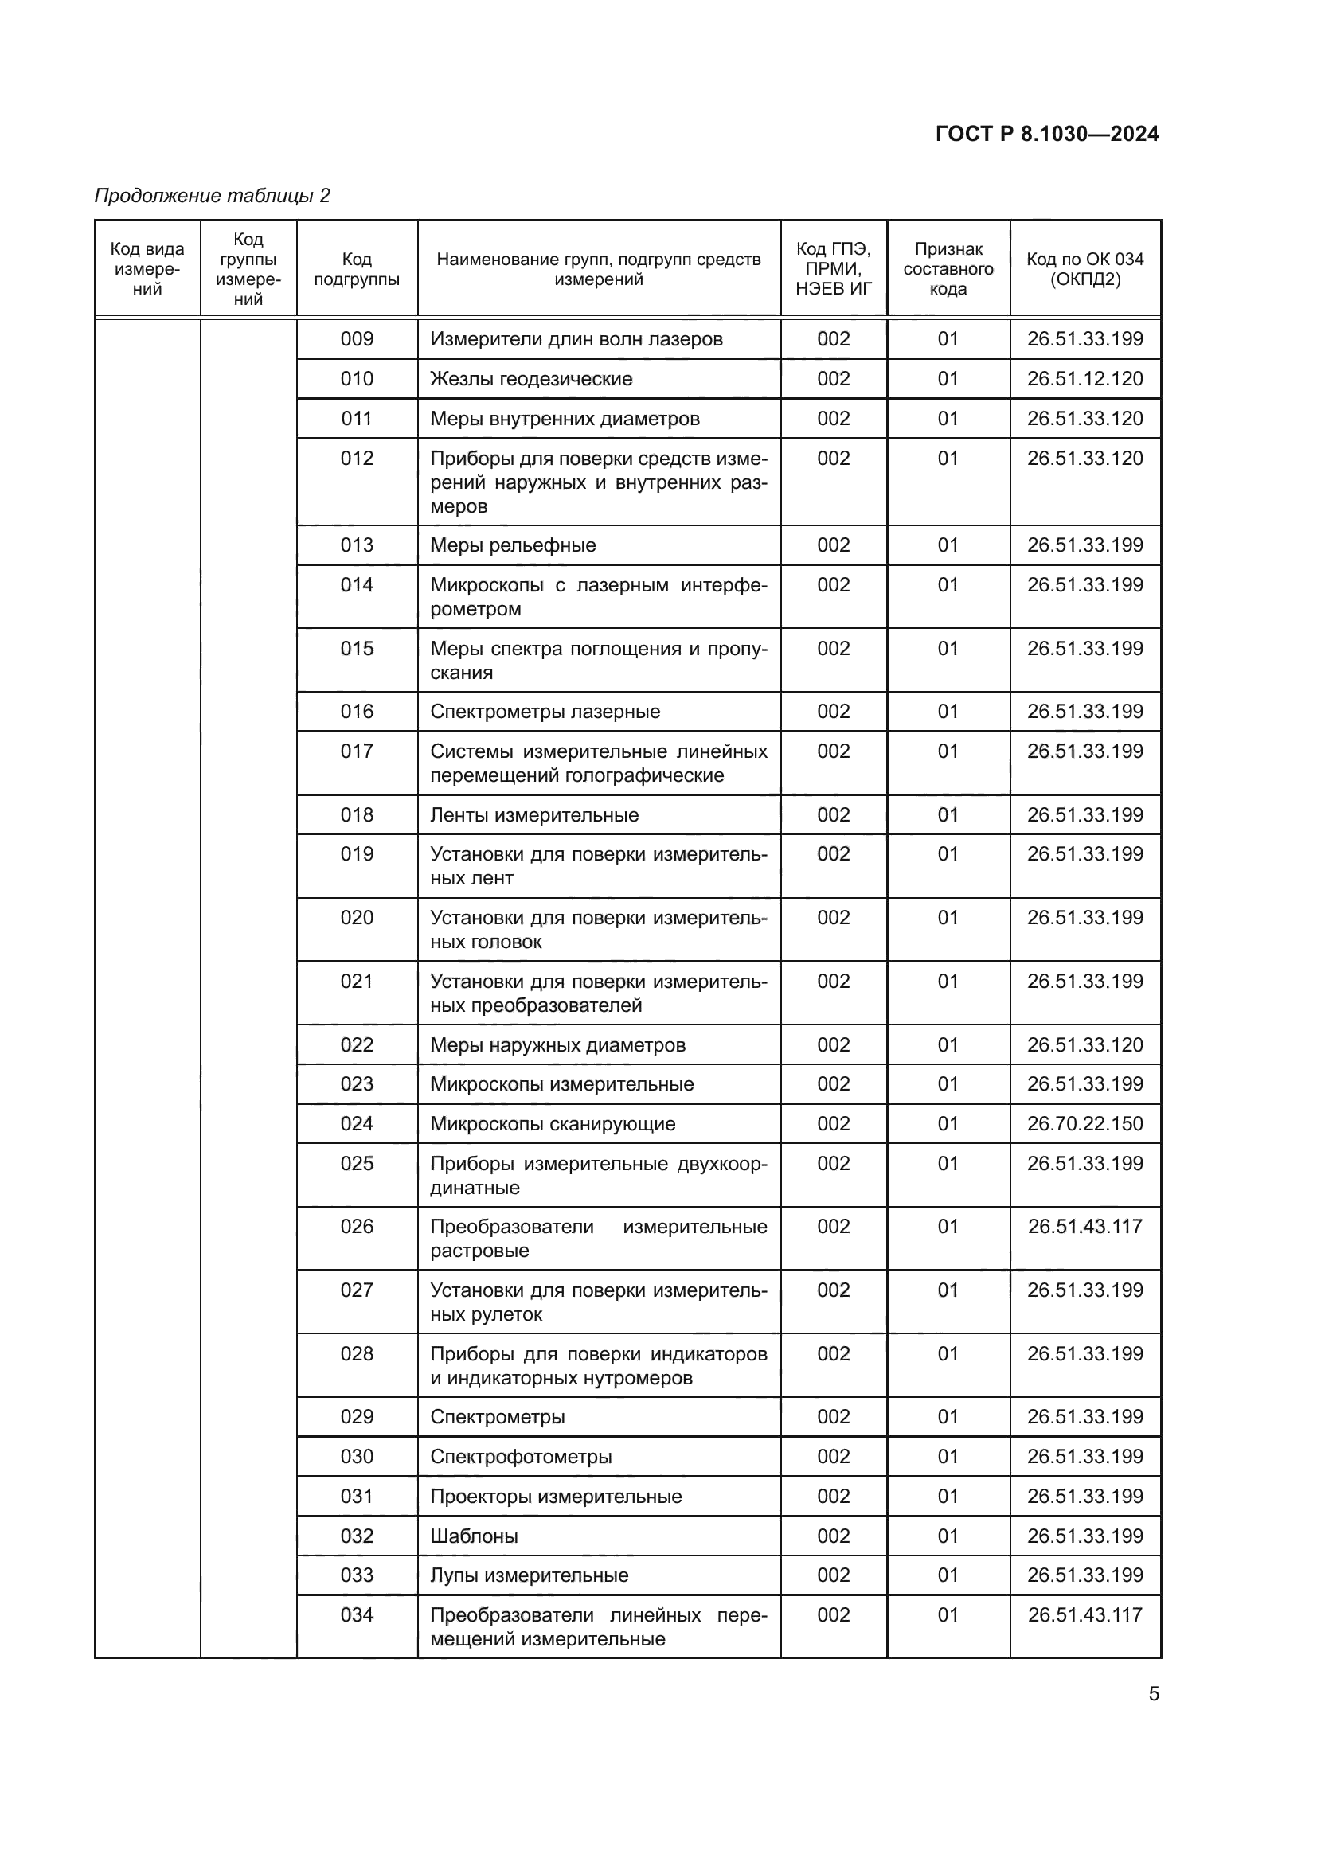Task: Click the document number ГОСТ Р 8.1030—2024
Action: click(1046, 134)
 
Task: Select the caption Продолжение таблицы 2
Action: click(213, 196)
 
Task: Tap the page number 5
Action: click(1153, 1693)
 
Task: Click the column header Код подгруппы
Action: click(357, 269)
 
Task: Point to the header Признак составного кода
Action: click(948, 269)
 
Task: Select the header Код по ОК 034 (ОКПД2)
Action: click(1084, 269)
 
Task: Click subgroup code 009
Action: click(357, 339)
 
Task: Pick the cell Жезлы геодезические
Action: click(531, 379)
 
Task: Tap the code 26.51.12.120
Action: click(1084, 379)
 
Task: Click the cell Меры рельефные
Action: click(513, 545)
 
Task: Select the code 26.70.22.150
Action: click(1084, 1124)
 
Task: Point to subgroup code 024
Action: click(357, 1124)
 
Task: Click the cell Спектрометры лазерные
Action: click(545, 711)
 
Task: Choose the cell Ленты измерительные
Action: click(534, 815)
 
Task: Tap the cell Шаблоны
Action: click(475, 1536)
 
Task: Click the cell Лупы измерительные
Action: click(529, 1575)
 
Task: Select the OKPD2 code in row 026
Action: click(1084, 1226)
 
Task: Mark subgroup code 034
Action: click(357, 1614)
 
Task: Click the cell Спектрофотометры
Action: click(521, 1457)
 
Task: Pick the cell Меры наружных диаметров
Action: click(557, 1045)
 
